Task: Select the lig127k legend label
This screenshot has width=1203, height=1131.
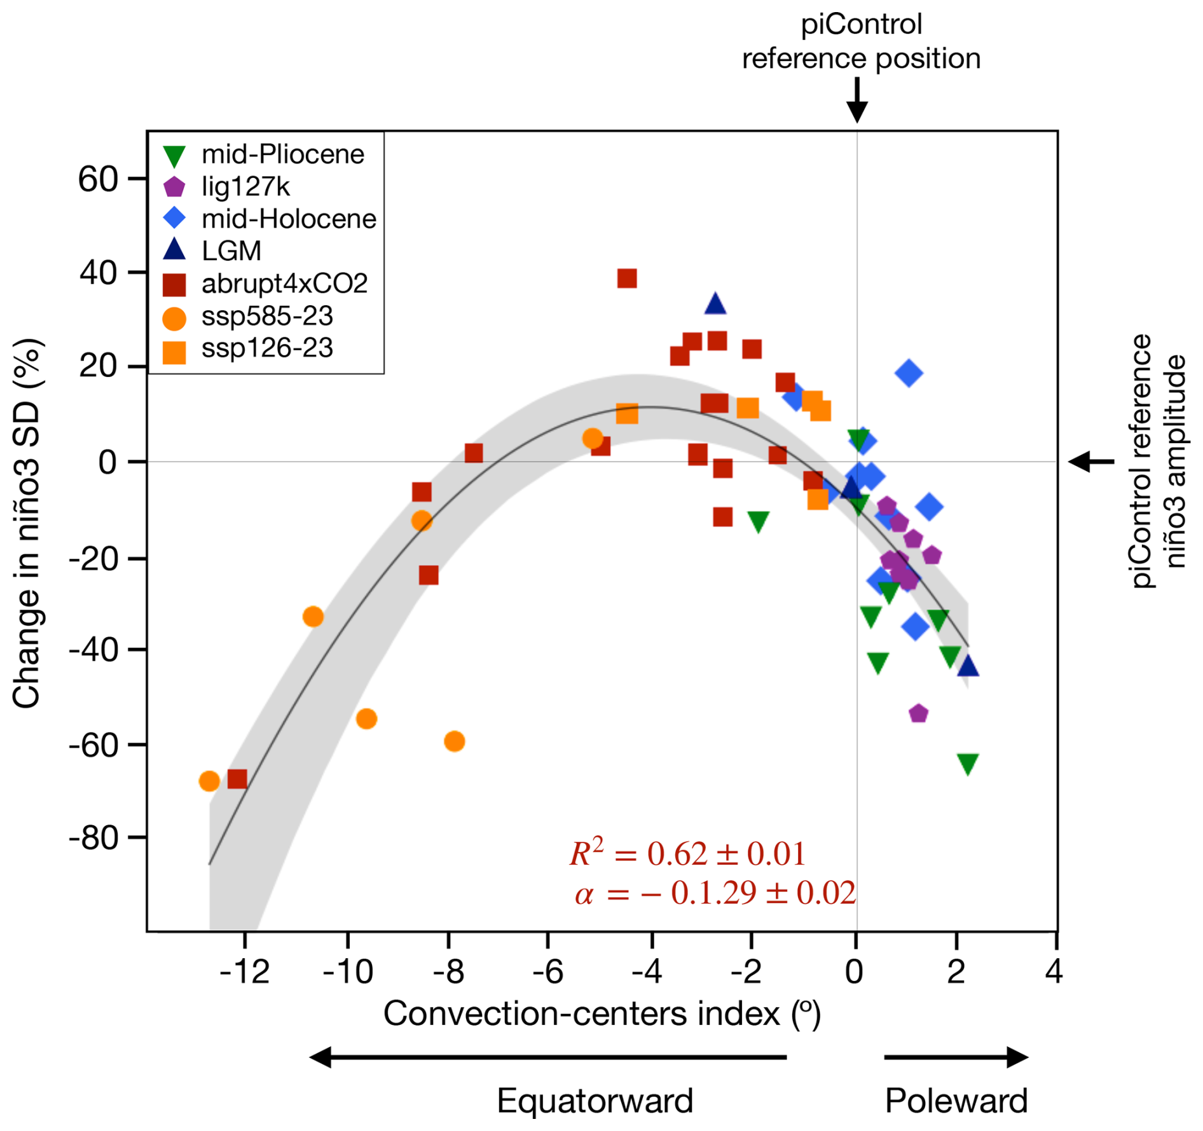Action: coord(245,187)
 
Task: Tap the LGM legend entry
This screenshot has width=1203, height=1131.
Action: coord(231,251)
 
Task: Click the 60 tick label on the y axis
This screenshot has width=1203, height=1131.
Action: coord(98,179)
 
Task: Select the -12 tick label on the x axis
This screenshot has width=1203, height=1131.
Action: coord(244,972)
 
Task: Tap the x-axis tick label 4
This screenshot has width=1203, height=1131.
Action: coord(1054,972)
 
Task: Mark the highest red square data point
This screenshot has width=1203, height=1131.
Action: coord(627,278)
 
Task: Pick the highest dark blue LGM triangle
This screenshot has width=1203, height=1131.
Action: coord(715,305)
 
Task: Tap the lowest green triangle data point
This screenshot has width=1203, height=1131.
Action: coord(967,764)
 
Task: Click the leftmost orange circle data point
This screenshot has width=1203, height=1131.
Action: coord(209,781)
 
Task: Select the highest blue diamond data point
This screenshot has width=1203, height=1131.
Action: coord(909,373)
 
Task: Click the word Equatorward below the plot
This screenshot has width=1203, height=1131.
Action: coord(595,1100)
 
